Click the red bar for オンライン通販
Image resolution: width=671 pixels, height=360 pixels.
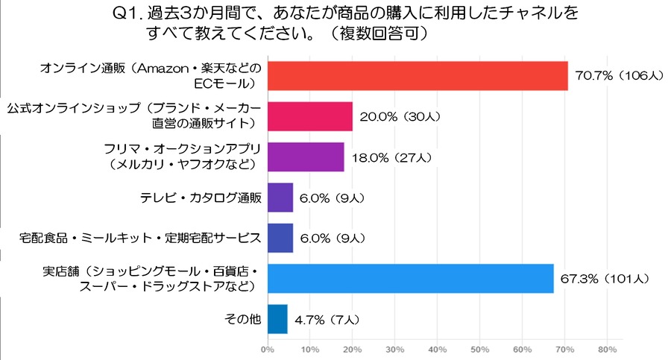tap(417, 75)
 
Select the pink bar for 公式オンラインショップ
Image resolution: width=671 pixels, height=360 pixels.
tap(309, 116)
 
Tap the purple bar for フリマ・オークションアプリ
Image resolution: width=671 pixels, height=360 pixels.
tap(305, 157)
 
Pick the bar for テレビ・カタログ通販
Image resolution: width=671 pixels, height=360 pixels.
tap(280, 198)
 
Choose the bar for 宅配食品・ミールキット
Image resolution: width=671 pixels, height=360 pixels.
tap(280, 238)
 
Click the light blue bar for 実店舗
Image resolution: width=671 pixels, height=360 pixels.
tap(410, 278)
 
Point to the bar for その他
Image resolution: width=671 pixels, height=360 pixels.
tap(277, 319)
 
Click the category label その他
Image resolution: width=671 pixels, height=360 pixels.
tap(242, 319)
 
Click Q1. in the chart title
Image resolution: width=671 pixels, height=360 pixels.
tap(127, 13)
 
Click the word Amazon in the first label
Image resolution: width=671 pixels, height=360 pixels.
tap(156, 68)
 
